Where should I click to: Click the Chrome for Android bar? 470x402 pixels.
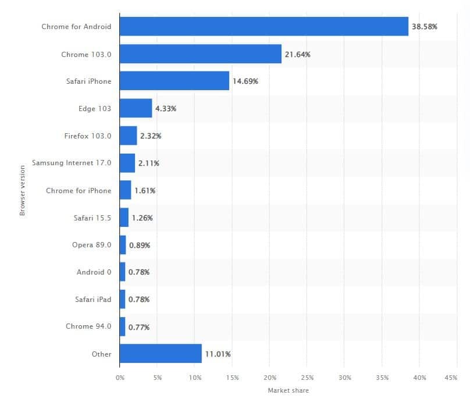click(x=264, y=27)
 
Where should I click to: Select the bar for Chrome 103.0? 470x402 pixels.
click(x=200, y=54)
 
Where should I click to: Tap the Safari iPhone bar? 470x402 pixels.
click(x=174, y=81)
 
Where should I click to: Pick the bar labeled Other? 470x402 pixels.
click(x=161, y=354)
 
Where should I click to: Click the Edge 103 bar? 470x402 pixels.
click(x=136, y=108)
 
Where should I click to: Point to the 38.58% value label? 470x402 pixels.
click(x=425, y=27)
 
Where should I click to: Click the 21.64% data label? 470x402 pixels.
click(x=297, y=54)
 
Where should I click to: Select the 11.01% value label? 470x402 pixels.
click(x=218, y=354)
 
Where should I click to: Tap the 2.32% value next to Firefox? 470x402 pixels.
click(x=151, y=136)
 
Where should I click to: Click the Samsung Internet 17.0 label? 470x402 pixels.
click(x=72, y=163)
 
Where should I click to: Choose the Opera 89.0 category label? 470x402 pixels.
click(x=91, y=245)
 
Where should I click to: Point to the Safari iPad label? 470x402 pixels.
click(x=93, y=299)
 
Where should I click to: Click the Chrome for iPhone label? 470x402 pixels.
click(x=79, y=190)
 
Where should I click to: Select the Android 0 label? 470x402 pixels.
click(x=94, y=272)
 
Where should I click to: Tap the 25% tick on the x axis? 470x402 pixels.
click(x=307, y=378)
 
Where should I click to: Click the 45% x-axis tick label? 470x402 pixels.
click(x=450, y=378)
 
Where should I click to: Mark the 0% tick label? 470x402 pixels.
click(x=120, y=378)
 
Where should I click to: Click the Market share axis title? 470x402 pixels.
click(x=288, y=390)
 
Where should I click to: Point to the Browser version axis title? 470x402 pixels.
click(x=23, y=190)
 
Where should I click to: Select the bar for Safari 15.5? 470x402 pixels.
click(x=124, y=218)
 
